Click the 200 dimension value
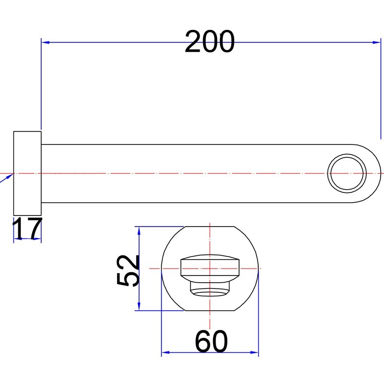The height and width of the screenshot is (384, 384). (210, 41)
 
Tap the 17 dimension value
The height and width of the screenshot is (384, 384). (27, 228)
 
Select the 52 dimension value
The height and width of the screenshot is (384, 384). (128, 270)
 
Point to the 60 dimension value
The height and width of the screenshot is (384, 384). (211, 341)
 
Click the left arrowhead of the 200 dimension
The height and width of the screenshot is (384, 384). (45, 42)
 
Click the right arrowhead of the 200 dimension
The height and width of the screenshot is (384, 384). (377, 42)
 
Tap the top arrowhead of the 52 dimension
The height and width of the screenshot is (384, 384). (139, 231)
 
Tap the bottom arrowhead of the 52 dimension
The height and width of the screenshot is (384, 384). (139, 306)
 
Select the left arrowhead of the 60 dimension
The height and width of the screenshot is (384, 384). (166, 352)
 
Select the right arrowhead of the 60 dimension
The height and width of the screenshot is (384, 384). (254, 352)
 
